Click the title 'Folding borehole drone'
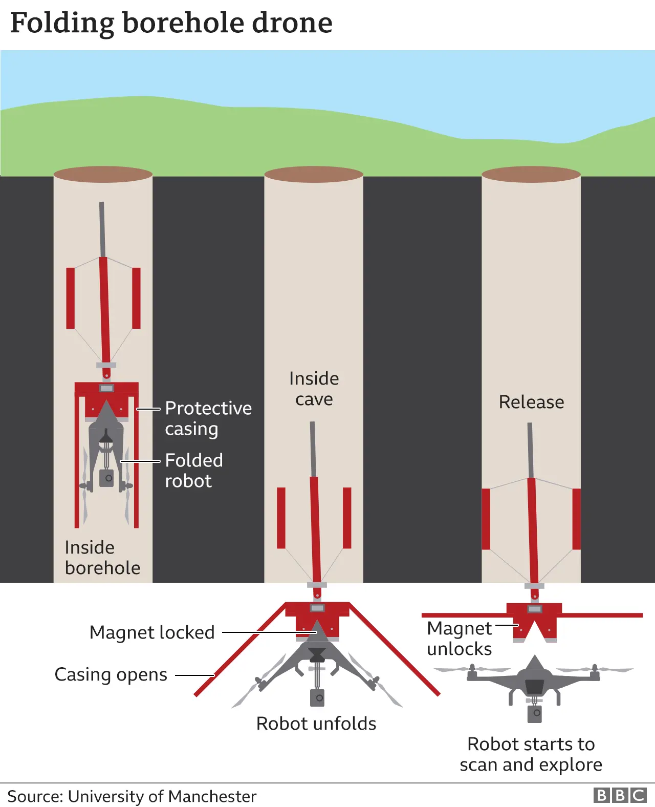171,23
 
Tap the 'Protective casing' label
208,418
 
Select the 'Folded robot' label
193,471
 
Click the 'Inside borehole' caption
102,558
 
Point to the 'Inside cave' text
314,389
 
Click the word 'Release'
531,402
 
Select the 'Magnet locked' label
152,632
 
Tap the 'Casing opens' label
111,674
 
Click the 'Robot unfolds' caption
316,724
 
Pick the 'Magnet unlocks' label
459,639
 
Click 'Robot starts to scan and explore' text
531,754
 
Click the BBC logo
620,795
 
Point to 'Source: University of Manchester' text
132,796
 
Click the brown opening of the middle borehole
314,175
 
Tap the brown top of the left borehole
103,174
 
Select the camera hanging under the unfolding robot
317,697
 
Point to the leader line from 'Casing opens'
194,675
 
